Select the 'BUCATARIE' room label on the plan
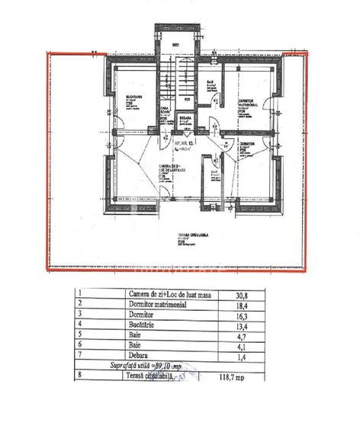(x=137, y=97)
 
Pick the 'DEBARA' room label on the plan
(x=185, y=119)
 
